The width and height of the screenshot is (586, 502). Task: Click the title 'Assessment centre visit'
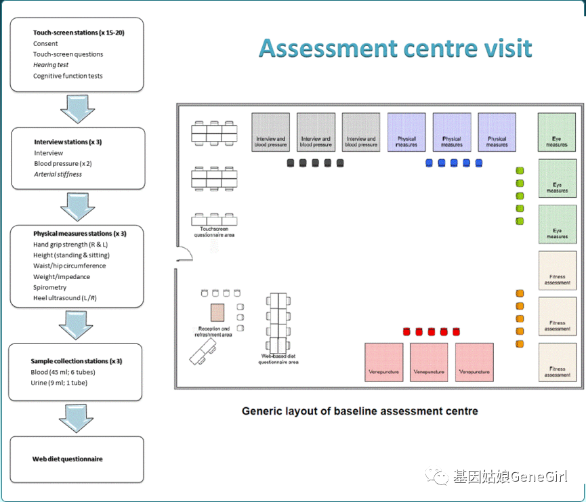(x=395, y=49)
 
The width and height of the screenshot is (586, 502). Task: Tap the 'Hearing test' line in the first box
(x=51, y=65)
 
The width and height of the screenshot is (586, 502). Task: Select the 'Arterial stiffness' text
(x=58, y=174)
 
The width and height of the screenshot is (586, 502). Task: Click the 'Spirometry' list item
(x=49, y=287)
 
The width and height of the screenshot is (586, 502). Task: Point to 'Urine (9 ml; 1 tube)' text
(x=60, y=383)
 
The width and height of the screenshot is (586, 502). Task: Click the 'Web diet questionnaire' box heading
(x=67, y=459)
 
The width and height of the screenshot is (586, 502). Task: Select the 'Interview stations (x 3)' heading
(x=70, y=142)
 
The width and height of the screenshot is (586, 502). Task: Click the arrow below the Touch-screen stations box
(x=77, y=108)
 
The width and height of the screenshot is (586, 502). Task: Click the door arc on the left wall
(x=184, y=254)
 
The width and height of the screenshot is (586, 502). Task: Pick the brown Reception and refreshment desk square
(x=217, y=312)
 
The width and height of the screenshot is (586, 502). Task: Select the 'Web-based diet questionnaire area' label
(x=278, y=359)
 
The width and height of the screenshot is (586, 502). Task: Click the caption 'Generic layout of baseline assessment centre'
(x=360, y=411)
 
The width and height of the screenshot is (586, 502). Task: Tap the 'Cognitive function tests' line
(x=68, y=76)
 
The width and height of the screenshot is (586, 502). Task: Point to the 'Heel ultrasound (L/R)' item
(x=65, y=298)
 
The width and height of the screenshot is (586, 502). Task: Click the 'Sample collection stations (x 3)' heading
(x=76, y=361)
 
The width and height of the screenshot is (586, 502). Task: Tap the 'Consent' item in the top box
(x=45, y=43)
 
